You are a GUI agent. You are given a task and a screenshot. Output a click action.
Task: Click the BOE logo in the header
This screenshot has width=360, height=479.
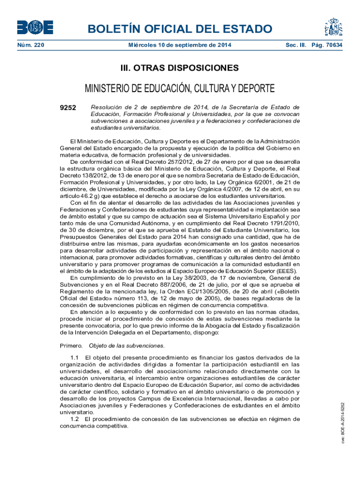pyautogui.click(x=35, y=28)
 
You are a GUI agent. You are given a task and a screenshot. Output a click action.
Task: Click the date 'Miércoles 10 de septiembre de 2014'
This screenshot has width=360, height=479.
pyautogui.click(x=180, y=45)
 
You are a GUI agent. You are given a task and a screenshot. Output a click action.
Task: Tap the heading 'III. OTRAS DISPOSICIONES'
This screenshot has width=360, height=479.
pyautogui.click(x=180, y=68)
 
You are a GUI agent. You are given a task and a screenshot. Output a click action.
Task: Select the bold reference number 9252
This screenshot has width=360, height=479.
pyautogui.click(x=68, y=108)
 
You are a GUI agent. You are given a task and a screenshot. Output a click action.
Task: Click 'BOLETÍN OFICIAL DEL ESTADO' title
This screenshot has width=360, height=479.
pyautogui.click(x=180, y=29)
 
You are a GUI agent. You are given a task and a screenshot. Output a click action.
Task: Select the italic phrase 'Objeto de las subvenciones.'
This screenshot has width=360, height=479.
pyautogui.click(x=127, y=346)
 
